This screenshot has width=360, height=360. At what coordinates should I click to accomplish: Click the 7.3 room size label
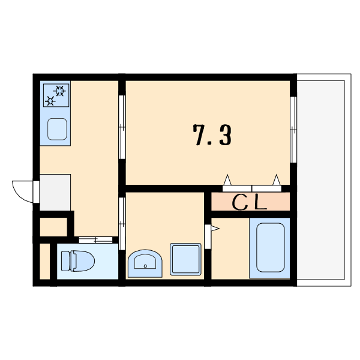tap(212, 136)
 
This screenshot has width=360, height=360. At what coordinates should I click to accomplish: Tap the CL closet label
tap(250, 203)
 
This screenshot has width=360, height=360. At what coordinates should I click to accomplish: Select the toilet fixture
tap(78, 261)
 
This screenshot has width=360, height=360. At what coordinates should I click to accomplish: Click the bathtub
tap(270, 247)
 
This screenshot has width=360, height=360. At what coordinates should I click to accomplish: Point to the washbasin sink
tap(145, 263)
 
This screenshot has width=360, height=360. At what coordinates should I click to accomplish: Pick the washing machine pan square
tap(185, 259)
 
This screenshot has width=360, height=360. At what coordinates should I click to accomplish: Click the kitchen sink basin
tap(57, 129)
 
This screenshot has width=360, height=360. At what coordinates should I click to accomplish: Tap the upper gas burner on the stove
tap(59, 91)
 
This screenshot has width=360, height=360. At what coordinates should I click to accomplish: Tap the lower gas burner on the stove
tap(50, 101)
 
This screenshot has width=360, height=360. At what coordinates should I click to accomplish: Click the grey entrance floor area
tap(55, 193)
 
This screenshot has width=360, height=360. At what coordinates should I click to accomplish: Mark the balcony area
tap(324, 180)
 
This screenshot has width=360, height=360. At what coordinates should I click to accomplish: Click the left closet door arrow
tap(227, 180)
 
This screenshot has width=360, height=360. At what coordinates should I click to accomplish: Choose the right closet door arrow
tap(277, 180)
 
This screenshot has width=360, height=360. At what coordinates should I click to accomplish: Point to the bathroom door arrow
tap(215, 229)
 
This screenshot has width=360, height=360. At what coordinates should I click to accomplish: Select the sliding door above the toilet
tap(95, 240)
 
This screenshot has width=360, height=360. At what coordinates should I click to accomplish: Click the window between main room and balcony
tap(293, 130)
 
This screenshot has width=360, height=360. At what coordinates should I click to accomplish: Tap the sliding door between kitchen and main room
tap(122, 127)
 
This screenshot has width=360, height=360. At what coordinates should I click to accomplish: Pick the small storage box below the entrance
tap(53, 227)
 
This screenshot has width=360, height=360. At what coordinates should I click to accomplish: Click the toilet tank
tap(65, 261)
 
